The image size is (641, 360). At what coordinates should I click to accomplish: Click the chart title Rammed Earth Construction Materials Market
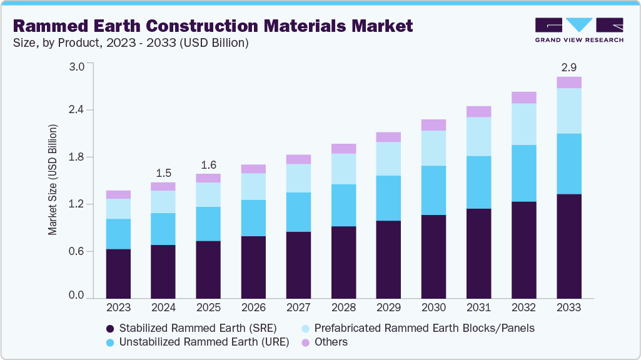coord(213,26)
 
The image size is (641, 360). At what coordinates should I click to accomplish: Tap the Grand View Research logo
coord(579,29)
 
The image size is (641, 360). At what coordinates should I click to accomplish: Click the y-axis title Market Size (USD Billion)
coord(53,180)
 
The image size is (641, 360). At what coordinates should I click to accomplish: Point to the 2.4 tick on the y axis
coord(76,110)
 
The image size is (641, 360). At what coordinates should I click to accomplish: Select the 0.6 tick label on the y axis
coord(76,251)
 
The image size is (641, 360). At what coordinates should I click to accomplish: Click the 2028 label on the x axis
coord(343,307)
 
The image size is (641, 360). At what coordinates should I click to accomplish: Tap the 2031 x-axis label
coord(478,307)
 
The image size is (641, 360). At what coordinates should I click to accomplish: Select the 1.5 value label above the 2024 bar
coord(163,172)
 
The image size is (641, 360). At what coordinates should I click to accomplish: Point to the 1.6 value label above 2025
coord(208,165)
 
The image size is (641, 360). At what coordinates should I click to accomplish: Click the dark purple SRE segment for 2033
coord(568,246)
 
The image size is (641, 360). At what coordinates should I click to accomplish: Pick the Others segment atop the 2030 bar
coord(433,125)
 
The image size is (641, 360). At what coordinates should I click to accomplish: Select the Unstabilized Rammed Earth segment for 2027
coord(298,212)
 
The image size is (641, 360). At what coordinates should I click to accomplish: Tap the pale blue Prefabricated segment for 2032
coord(523,124)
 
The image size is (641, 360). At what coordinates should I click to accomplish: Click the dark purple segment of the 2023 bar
coord(118,274)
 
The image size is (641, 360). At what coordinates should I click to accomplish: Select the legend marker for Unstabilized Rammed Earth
coord(111,342)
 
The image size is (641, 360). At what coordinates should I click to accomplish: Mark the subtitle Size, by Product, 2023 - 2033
coord(131,43)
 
